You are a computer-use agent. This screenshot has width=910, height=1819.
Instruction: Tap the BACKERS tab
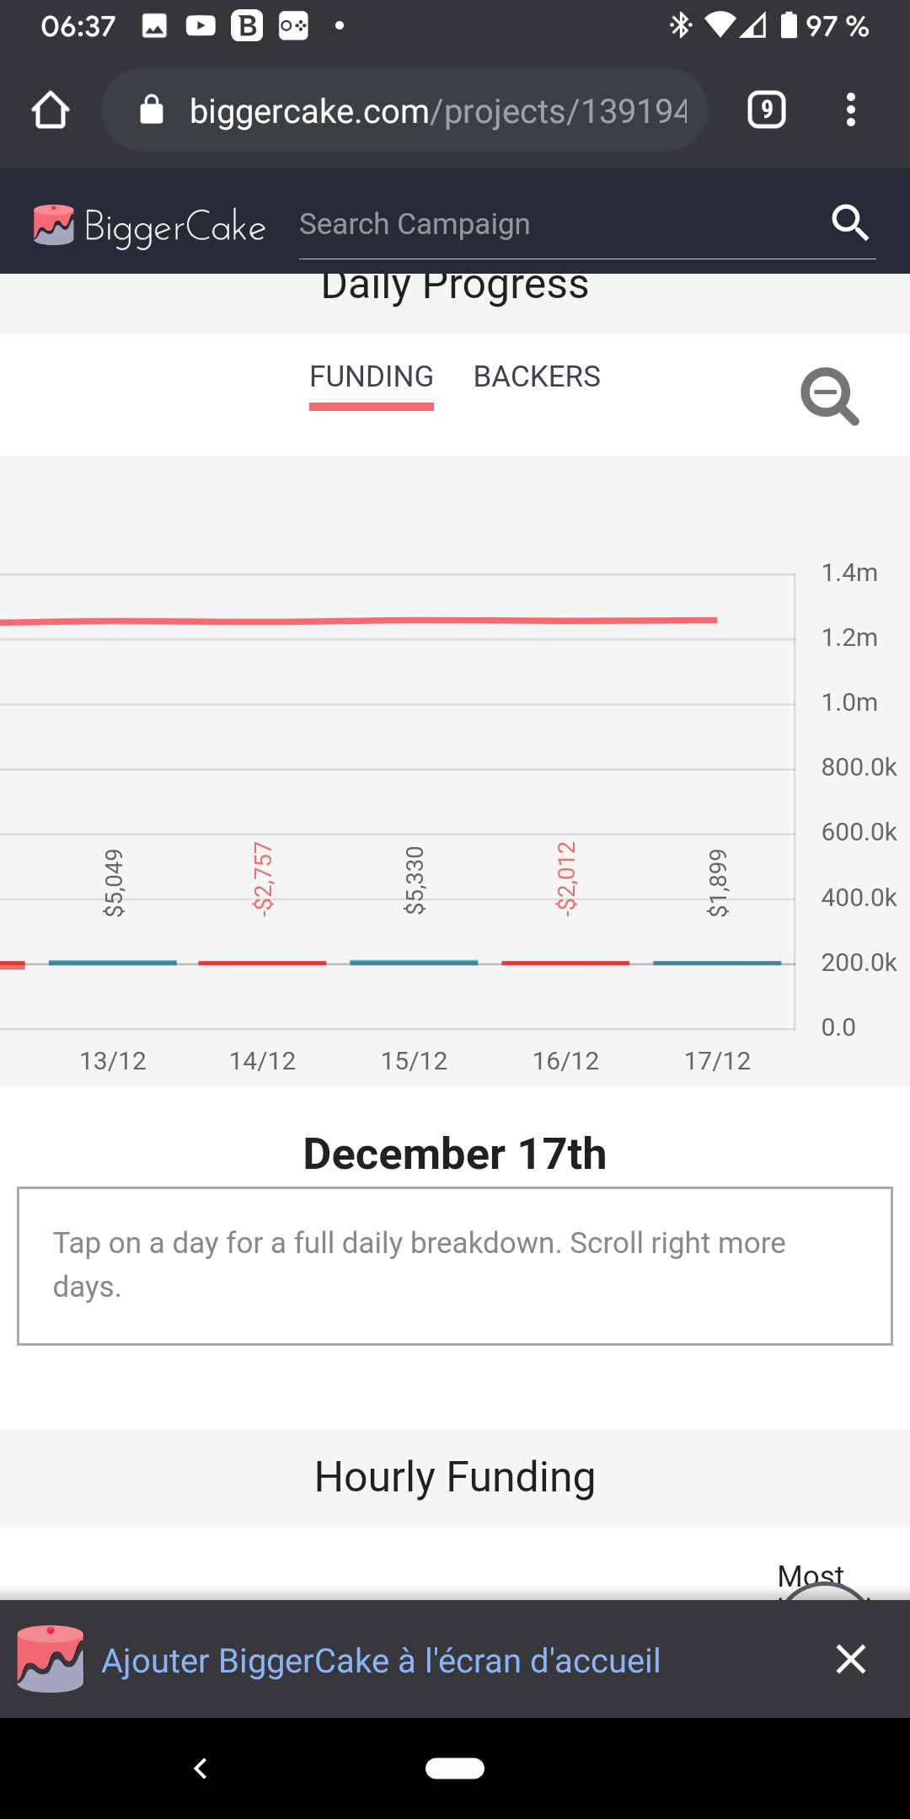click(x=537, y=376)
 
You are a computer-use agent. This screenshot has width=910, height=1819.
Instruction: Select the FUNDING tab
click(x=372, y=376)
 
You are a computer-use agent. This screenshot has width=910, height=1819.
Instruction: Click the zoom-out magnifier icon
click(x=829, y=396)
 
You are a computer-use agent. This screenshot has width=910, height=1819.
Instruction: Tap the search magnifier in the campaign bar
click(x=850, y=223)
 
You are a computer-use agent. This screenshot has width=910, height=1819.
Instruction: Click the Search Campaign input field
click(x=556, y=224)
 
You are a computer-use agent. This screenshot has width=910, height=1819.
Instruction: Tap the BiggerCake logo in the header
click(x=149, y=226)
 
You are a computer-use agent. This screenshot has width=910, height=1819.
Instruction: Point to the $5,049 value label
click(x=113, y=882)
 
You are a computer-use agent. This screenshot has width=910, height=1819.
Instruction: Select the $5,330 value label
click(x=415, y=880)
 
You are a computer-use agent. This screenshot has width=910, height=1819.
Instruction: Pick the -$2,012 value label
click(x=566, y=878)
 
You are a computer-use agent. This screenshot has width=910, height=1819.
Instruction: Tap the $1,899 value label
click(x=718, y=882)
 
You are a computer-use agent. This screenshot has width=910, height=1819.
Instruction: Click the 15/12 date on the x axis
click(x=414, y=1060)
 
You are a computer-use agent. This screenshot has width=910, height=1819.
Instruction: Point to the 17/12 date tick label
click(x=717, y=1060)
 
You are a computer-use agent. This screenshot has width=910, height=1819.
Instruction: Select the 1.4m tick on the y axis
click(x=849, y=573)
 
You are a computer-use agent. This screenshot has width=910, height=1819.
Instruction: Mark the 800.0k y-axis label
click(x=859, y=767)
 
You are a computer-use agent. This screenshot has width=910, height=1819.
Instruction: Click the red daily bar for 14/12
click(x=262, y=963)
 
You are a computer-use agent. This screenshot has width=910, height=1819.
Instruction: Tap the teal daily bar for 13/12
click(x=113, y=962)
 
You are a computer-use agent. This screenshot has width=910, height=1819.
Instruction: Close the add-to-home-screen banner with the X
click(x=851, y=1659)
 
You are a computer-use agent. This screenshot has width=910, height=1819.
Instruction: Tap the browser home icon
click(x=51, y=110)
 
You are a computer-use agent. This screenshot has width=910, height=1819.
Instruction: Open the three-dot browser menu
click(x=851, y=110)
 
